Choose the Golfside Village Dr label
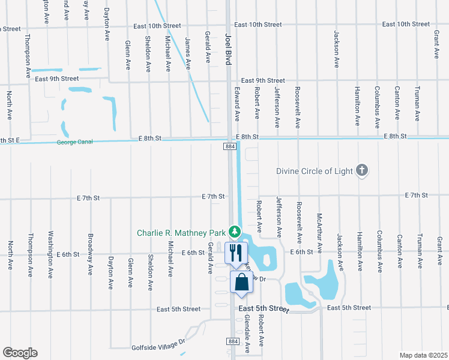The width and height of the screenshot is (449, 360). click(159, 347)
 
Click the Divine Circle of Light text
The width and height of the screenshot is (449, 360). click(315, 171)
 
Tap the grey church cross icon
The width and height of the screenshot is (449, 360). click(361, 171)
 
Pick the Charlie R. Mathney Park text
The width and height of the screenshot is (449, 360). click(181, 232)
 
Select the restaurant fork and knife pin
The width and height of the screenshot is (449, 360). click(235, 252)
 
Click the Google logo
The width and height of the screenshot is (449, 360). click(20, 353)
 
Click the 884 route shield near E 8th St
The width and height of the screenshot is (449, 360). click(231, 146)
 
